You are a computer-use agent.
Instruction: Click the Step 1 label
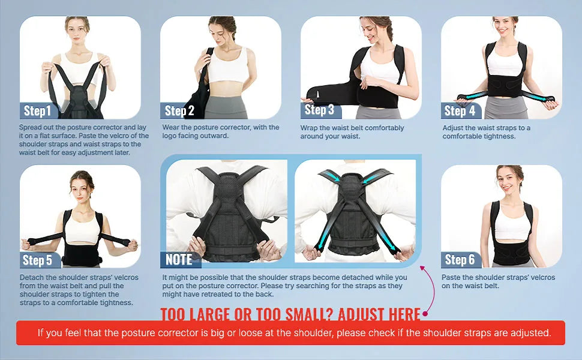(x=37, y=110)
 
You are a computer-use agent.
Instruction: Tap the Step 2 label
(x=179, y=110)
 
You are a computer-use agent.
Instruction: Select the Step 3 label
(x=319, y=109)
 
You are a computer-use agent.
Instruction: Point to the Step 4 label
(x=460, y=110)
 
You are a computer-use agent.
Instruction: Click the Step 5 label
(x=37, y=260)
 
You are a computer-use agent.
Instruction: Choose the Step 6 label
(x=460, y=260)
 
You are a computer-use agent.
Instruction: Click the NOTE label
(x=179, y=260)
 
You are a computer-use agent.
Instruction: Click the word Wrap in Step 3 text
(x=308, y=128)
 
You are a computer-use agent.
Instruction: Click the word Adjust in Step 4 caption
(x=452, y=128)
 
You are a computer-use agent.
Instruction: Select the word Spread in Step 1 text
(x=31, y=127)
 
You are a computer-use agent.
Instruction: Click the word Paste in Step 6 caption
(x=451, y=277)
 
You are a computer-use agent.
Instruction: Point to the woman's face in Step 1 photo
(x=77, y=31)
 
